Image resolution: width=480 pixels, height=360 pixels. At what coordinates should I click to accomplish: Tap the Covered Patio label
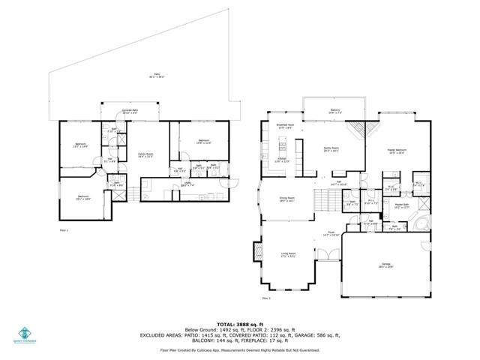[x=131, y=111]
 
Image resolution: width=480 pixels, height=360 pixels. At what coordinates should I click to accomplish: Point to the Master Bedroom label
[x=395, y=151]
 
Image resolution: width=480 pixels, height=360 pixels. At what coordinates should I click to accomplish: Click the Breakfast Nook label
[x=285, y=126]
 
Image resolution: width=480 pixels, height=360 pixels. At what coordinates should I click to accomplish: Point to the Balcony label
[x=335, y=110]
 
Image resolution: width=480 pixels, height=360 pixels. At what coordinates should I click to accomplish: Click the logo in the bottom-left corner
[x=24, y=334]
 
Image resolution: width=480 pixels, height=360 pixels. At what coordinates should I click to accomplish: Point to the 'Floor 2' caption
[x=267, y=298]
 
